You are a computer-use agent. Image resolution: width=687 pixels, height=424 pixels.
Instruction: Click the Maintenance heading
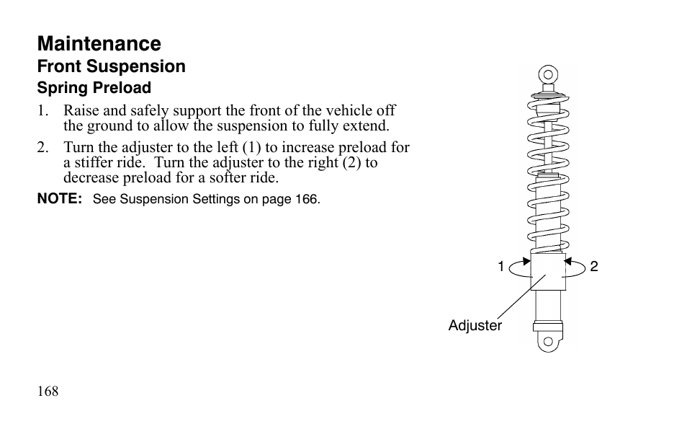tap(99, 44)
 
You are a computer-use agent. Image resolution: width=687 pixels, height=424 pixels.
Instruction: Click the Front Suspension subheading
tap(111, 66)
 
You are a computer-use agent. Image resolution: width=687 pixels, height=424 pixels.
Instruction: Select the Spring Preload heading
tap(94, 88)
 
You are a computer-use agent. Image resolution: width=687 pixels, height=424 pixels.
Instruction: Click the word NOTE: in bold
tap(60, 199)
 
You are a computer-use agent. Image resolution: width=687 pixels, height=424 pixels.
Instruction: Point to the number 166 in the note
tap(306, 199)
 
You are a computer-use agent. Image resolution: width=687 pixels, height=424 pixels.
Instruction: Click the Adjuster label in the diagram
tap(475, 325)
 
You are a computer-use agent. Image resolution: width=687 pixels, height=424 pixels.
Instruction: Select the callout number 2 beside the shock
tap(594, 267)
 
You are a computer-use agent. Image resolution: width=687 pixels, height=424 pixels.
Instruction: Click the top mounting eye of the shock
tap(548, 74)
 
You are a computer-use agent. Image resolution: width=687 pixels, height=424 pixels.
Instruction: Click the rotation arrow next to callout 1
tap(520, 268)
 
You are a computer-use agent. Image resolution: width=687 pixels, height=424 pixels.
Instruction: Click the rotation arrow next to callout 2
tap(575, 268)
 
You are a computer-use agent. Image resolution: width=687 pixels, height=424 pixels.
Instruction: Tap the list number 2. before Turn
tap(42, 147)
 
